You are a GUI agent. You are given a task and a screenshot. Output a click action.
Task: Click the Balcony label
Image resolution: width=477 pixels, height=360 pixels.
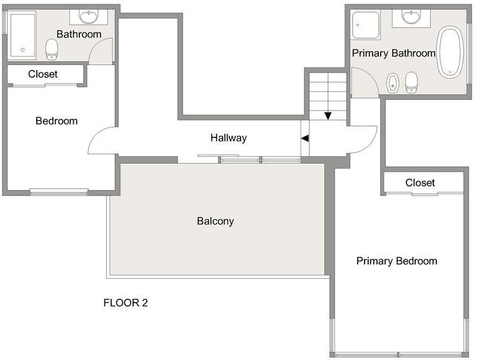pyautogui.click(x=216, y=221)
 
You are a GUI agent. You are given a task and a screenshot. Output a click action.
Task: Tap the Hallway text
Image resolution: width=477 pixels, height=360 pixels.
pyautogui.click(x=228, y=137)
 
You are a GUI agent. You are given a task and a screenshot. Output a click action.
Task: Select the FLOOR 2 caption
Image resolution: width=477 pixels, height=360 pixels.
pyautogui.click(x=125, y=303)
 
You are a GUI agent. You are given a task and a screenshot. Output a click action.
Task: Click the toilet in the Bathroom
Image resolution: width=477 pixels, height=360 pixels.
pyautogui.click(x=52, y=49)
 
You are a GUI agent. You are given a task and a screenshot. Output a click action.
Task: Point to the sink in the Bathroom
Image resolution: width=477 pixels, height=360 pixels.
pyautogui.click(x=89, y=16)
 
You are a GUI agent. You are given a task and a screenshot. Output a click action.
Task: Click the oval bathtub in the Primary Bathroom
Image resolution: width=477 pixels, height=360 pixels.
pyautogui.click(x=451, y=52)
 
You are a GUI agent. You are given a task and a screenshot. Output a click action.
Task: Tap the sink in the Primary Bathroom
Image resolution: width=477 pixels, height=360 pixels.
pyautogui.click(x=411, y=16)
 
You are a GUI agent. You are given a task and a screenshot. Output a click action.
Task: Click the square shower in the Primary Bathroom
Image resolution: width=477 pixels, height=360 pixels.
pyautogui.click(x=365, y=25)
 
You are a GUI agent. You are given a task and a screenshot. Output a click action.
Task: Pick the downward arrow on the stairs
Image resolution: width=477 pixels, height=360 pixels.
pyautogui.click(x=328, y=116)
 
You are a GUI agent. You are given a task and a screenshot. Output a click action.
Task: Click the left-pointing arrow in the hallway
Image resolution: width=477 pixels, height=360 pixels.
pyautogui.click(x=305, y=138)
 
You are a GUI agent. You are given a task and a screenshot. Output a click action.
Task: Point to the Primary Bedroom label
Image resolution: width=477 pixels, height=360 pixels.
pyautogui.click(x=397, y=261)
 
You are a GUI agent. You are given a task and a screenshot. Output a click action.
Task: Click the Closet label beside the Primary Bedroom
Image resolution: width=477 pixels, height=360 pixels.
pyautogui.click(x=420, y=182)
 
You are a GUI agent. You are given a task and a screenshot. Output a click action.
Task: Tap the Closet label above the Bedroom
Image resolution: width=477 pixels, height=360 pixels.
pyautogui.click(x=43, y=74)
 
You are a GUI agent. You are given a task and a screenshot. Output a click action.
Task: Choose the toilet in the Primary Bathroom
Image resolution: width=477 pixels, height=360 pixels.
pyautogui.click(x=411, y=82)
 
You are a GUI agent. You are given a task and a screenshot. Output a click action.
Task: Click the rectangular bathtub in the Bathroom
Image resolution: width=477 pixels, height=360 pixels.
pyautogui.click(x=23, y=36)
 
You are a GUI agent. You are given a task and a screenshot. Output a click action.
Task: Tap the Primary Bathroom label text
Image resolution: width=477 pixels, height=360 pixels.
pyautogui.click(x=394, y=53)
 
